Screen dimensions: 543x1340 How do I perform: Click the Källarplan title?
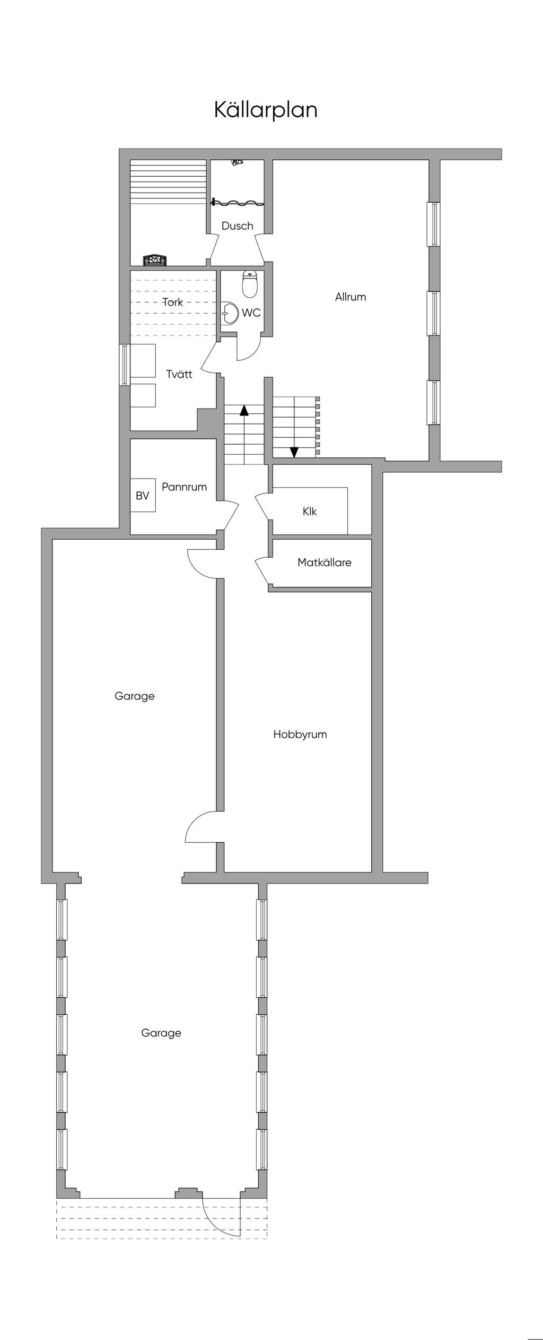[x=266, y=110]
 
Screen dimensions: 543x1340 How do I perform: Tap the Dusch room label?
[x=237, y=226]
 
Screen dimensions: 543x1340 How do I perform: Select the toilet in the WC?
[x=250, y=284]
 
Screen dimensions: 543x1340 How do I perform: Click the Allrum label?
[x=351, y=297]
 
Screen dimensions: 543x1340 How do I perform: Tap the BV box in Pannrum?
[x=143, y=496]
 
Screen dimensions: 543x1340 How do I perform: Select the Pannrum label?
[x=184, y=487]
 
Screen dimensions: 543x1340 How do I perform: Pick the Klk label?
[x=310, y=512]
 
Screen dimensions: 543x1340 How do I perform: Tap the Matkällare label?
[x=324, y=563]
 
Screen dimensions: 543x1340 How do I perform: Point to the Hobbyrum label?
[x=300, y=734]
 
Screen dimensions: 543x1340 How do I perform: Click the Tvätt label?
[x=179, y=375]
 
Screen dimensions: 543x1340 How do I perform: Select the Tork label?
[x=173, y=302]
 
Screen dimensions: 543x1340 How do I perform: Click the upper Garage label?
[x=135, y=696]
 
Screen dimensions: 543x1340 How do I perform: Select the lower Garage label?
[x=161, y=1033]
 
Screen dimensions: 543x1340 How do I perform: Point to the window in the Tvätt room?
[x=125, y=365]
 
